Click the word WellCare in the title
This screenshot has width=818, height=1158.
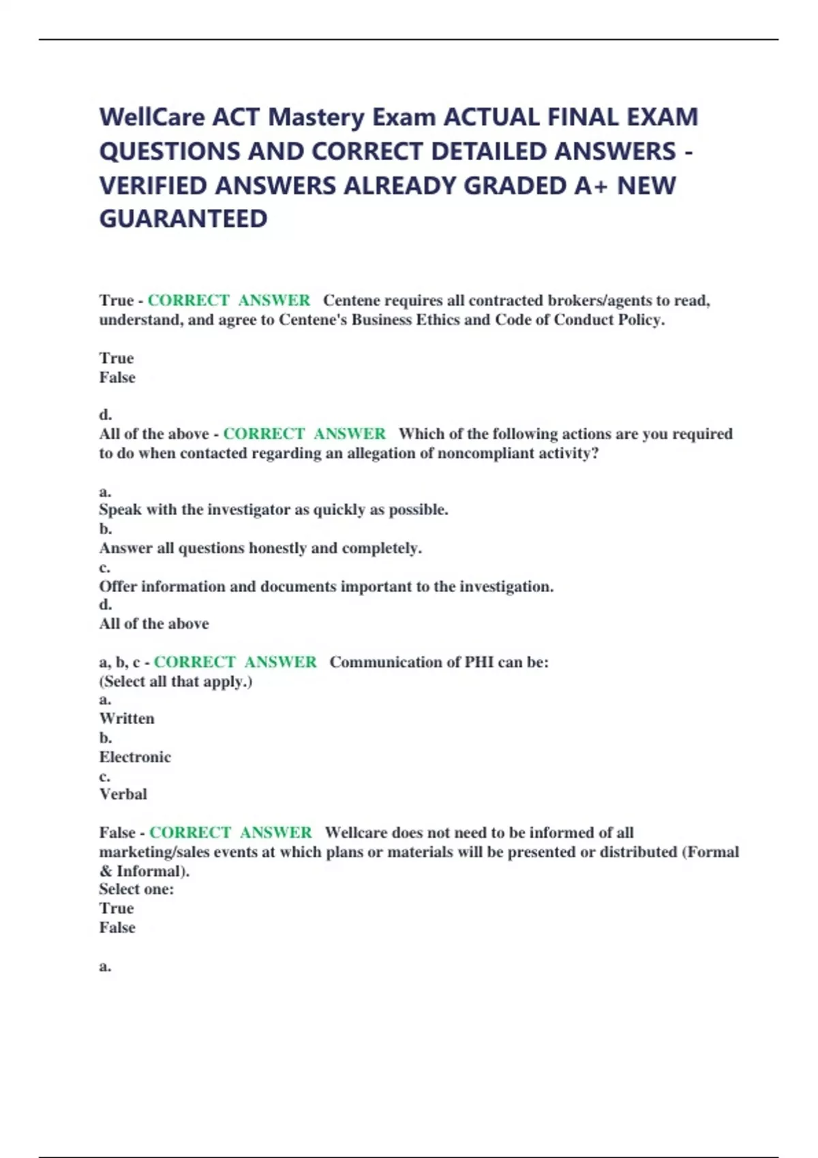pos(152,117)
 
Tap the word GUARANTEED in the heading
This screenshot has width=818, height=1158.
pos(183,219)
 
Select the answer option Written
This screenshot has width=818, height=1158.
pos(127,719)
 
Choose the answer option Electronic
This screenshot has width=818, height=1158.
pos(135,757)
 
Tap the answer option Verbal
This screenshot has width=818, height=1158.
pos(123,794)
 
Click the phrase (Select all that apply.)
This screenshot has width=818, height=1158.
pos(176,681)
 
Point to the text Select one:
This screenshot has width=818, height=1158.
pos(136,889)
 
